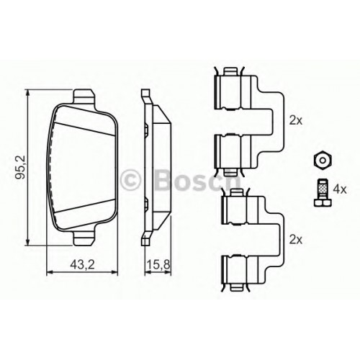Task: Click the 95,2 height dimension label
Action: coord(20,167)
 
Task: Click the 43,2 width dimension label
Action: coord(83,264)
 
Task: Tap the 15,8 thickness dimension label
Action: coord(158,264)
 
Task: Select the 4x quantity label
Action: coord(340,190)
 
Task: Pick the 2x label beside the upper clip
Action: coord(296,120)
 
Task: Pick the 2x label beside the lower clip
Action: coord(296,239)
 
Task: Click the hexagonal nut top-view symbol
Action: coord(323,160)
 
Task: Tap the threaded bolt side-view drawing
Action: coord(323,192)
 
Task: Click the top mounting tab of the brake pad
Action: coord(84,97)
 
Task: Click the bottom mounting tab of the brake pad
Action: coord(84,238)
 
